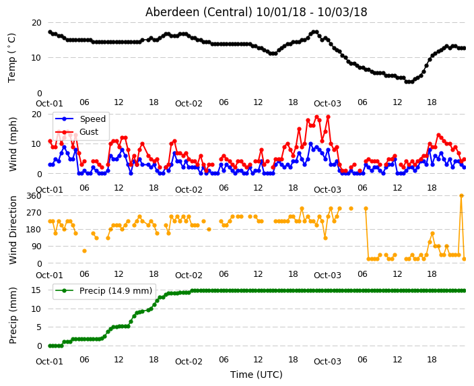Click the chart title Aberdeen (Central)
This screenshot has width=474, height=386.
[x=199, y=12]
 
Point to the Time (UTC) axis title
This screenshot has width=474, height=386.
[x=257, y=375]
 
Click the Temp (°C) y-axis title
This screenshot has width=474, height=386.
[x=11, y=58]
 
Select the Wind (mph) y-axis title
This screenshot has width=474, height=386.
[x=13, y=144]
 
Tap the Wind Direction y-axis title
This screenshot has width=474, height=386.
[x=13, y=230]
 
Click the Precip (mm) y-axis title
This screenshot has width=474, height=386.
[x=13, y=315]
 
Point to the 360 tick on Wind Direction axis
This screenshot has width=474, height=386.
[x=34, y=196]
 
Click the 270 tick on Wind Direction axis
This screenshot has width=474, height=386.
[x=34, y=213]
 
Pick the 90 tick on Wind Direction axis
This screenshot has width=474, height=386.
[x=36, y=247]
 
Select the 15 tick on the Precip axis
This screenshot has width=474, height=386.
[x=36, y=290]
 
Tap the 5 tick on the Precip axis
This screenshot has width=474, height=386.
[x=39, y=327]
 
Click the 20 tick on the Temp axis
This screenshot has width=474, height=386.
[x=36, y=23]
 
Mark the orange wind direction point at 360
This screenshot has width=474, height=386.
[x=461, y=196]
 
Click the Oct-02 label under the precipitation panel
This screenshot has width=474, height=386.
[x=189, y=362]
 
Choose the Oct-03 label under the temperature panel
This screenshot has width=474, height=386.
[x=327, y=104]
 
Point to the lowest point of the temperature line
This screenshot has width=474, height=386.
[x=409, y=82]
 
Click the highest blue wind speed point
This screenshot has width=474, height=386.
[x=310, y=144]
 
